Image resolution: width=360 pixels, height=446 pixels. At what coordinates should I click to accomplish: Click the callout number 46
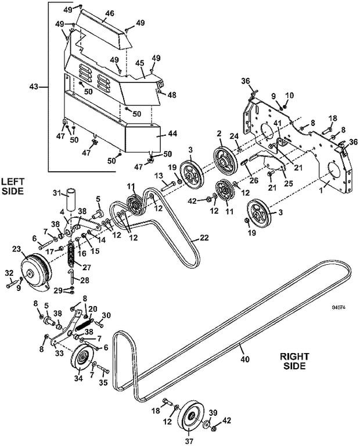pyautogui.click(x=110, y=13)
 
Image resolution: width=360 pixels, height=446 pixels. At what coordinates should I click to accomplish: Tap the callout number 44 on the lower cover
pyautogui.click(x=172, y=134)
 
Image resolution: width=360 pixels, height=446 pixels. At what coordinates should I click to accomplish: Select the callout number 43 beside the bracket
pyautogui.click(x=34, y=87)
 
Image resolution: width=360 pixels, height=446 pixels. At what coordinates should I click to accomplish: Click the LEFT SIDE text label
pyautogui.click(x=13, y=186)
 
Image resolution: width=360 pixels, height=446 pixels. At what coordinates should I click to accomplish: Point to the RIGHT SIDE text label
pyautogui.click(x=294, y=361)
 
